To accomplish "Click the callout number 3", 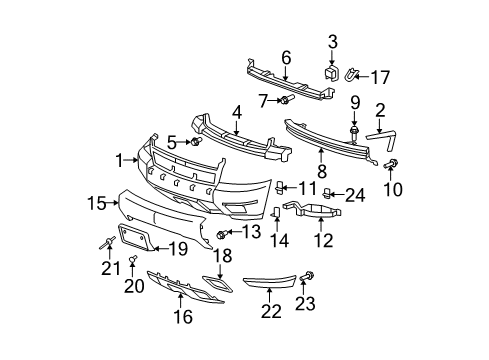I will point(332,42).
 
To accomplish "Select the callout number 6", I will point(285,57).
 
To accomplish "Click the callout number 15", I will point(96,204).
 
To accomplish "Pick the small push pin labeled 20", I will point(132,264).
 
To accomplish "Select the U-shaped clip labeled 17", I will point(353,73).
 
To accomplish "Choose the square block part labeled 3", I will point(332,73).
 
